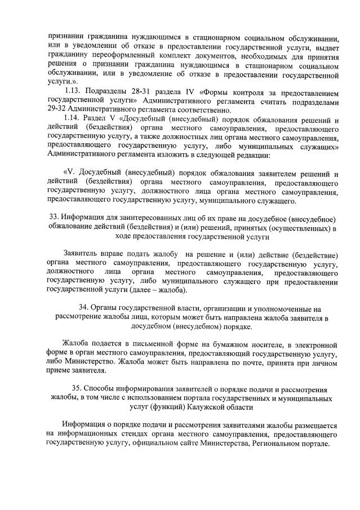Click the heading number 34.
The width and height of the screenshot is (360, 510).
[x=84, y=309]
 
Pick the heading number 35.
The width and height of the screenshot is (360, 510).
[x=78, y=389]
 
